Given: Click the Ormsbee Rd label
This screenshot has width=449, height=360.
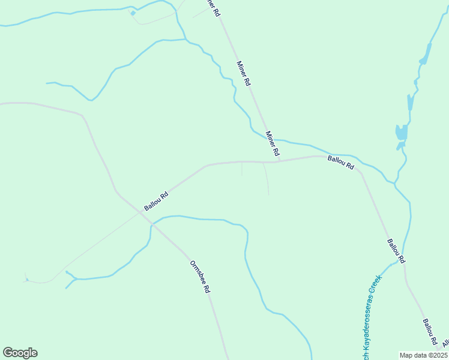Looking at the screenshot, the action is pos(200,277).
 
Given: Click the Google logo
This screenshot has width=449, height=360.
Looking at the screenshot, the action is pos(20,353).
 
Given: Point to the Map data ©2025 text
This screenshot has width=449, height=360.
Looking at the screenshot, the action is pos(423,355).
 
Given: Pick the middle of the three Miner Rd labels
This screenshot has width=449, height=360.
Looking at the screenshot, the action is pos(243,74).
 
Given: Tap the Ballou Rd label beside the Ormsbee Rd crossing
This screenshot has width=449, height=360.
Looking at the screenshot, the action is pos(155,201).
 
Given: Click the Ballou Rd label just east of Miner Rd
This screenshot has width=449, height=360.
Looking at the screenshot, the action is pos(340,162).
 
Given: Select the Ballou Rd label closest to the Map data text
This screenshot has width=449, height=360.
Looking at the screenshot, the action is pos(430,332).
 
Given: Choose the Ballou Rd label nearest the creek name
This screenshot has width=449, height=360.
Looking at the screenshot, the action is pos(396,251).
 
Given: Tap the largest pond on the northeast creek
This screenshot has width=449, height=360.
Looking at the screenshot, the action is pos(401,132).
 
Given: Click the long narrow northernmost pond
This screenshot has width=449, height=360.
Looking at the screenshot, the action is pos(426,55).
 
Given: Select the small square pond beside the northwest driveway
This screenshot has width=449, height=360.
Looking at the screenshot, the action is pos(133,13).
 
